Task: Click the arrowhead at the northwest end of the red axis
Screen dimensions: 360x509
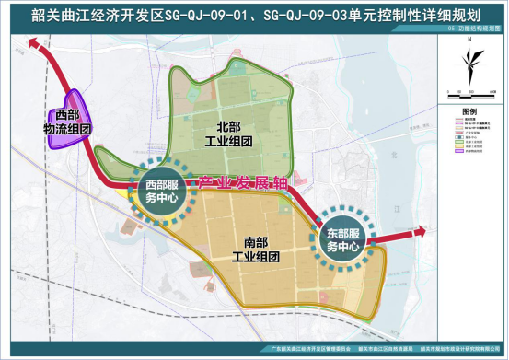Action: pyautogui.click(x=34, y=41)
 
